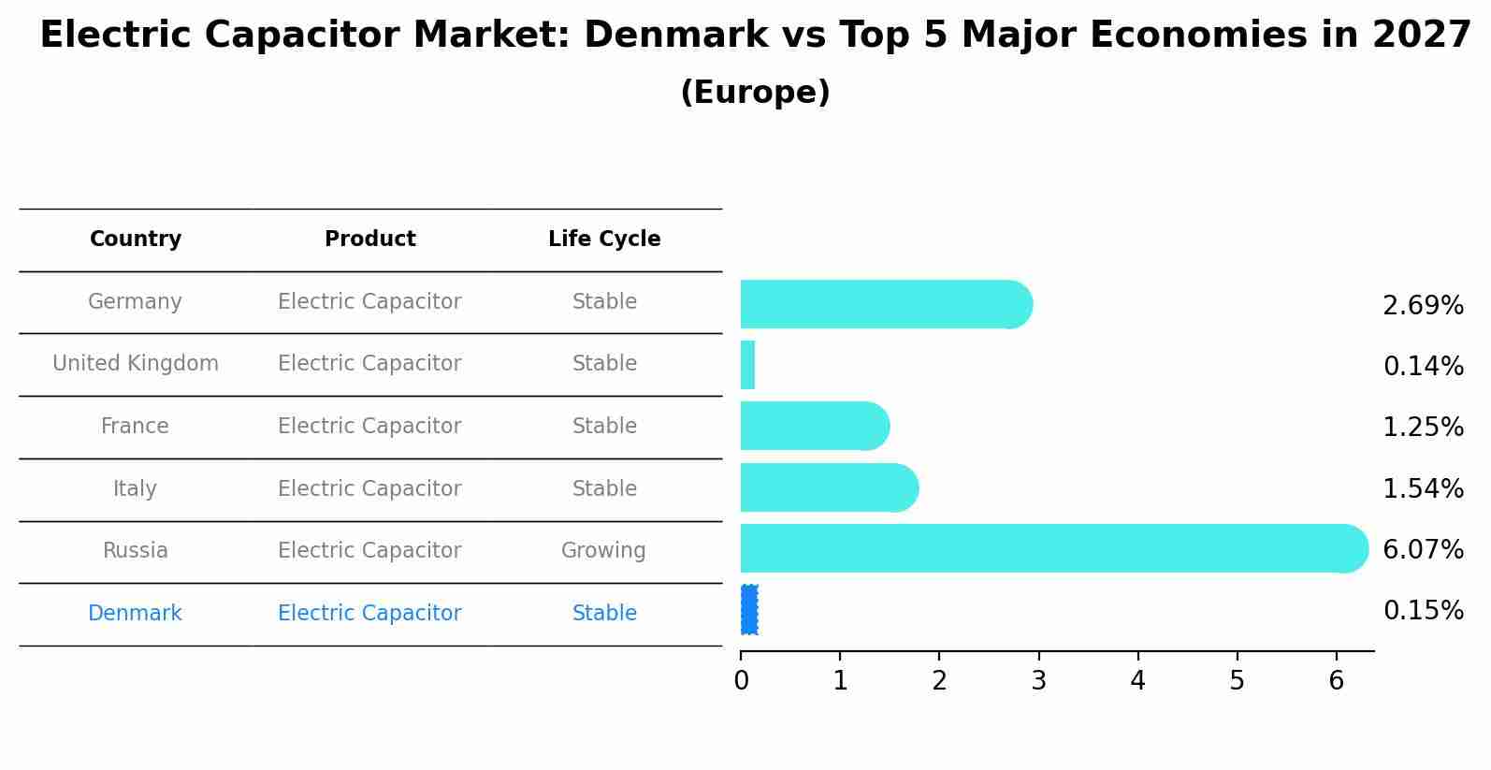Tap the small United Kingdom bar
747,365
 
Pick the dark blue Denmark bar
749,610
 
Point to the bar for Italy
828,487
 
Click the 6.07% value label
1422,550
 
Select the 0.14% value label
1422,367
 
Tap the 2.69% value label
1422,306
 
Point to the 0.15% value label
1422,611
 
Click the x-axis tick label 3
1038,681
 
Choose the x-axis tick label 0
741,681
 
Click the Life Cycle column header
604,240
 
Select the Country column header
136,240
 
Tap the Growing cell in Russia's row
603,551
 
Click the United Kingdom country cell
136,364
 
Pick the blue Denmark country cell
135,614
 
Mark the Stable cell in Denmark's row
604,614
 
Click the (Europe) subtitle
755,93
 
